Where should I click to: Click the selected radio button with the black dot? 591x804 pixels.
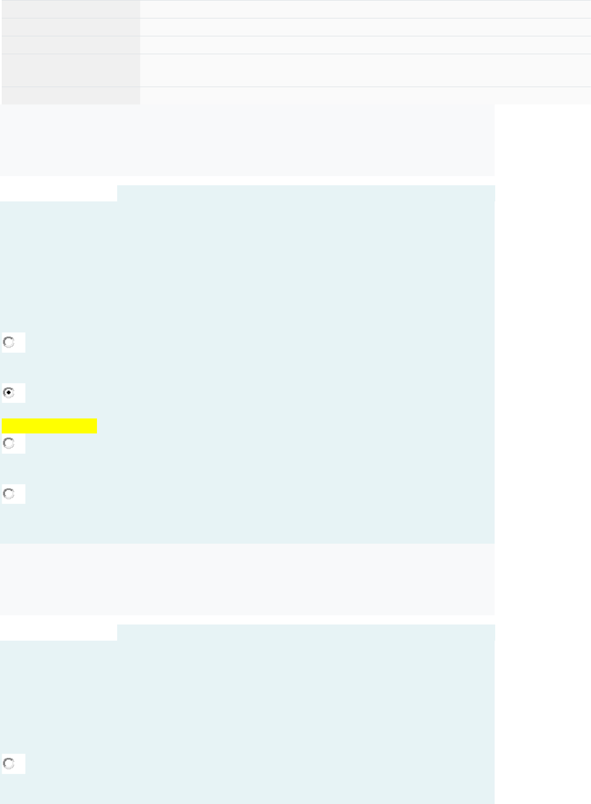tap(9, 392)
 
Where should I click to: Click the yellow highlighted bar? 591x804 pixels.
tap(49, 426)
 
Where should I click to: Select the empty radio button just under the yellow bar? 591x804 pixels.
tap(9, 443)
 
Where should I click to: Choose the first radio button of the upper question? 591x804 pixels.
tap(9, 342)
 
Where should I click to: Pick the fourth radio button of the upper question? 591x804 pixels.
tap(9, 494)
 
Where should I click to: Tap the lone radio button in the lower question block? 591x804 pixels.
tap(9, 764)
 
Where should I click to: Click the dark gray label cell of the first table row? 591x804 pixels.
tap(70, 9)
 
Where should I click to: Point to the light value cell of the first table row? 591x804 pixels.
tap(365, 9)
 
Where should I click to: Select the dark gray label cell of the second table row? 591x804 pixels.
tap(70, 27)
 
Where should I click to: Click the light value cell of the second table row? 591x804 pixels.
tap(365, 27)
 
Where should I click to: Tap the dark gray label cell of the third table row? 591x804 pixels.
tap(70, 45)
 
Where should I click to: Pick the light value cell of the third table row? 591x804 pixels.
tap(365, 45)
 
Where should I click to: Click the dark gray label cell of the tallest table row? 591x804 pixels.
tap(70, 70)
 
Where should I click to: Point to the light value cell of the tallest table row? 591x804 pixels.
tap(365, 70)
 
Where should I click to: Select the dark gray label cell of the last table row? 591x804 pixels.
tap(70, 96)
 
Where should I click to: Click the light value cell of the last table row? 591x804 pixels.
tap(365, 96)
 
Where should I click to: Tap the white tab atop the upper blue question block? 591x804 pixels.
tap(58, 193)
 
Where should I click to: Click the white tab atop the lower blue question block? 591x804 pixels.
tap(58, 633)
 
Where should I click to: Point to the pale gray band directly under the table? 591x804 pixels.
tap(247, 140)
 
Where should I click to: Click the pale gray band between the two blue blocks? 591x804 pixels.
tap(247, 579)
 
